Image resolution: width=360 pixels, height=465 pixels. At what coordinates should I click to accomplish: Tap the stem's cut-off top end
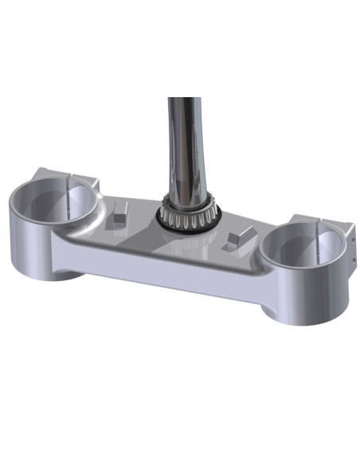[184, 99]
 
